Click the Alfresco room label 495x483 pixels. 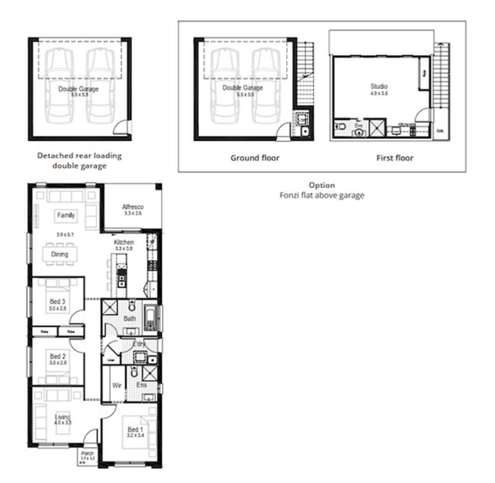pos(132,207)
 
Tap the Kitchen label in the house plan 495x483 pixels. pos(124,242)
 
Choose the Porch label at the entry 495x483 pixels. pos(88,453)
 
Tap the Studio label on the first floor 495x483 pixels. pos(379,87)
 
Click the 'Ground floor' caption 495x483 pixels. pos(255,158)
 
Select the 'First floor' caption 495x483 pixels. pos(395,158)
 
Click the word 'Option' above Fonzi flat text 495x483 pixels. pos(322,185)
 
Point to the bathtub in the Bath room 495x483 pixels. pos(150,318)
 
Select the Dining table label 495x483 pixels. pos(59,255)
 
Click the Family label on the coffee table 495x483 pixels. pos(66,215)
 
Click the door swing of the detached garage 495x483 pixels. pos(120,128)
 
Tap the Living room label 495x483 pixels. pos(62,417)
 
